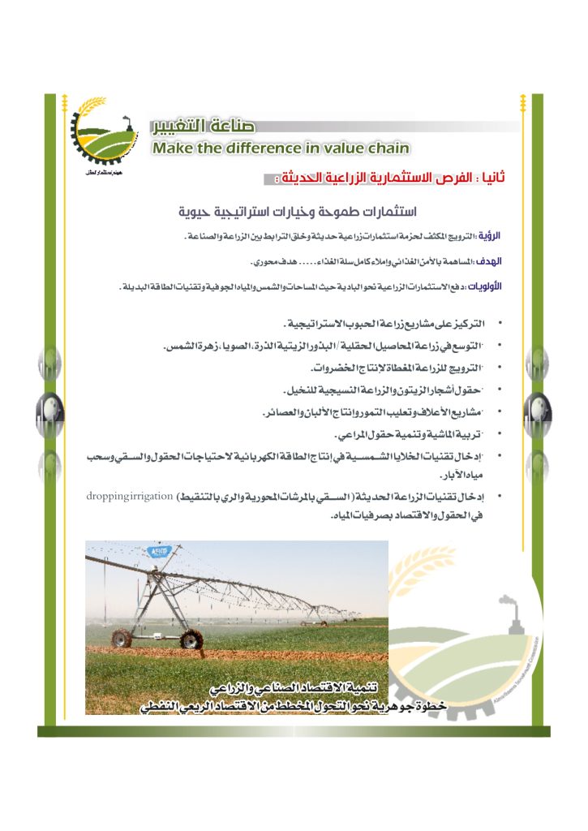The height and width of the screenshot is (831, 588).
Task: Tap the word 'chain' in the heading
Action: (x=384, y=148)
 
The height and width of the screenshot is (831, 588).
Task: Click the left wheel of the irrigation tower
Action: (x=122, y=639)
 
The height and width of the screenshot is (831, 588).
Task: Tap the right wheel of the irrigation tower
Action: (x=190, y=639)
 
